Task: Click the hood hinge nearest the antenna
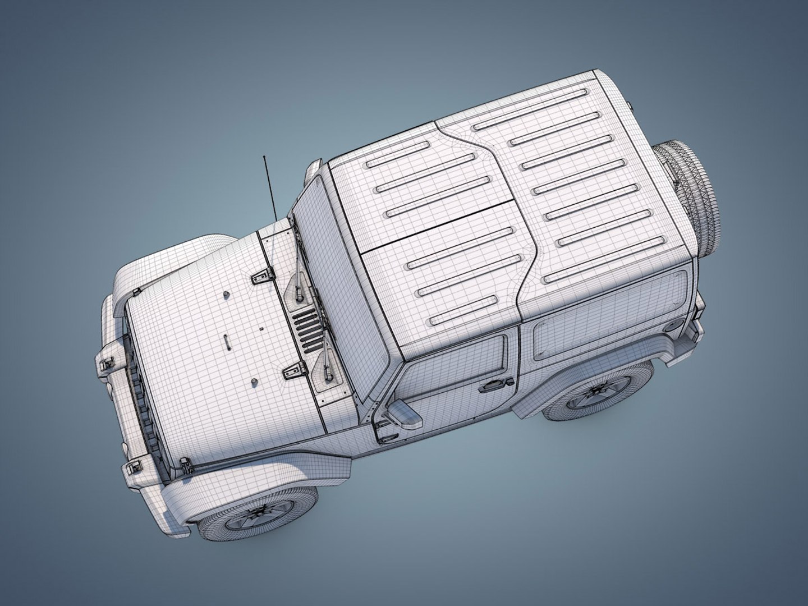[x=263, y=275]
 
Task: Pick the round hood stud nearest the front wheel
[x=253, y=382]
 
